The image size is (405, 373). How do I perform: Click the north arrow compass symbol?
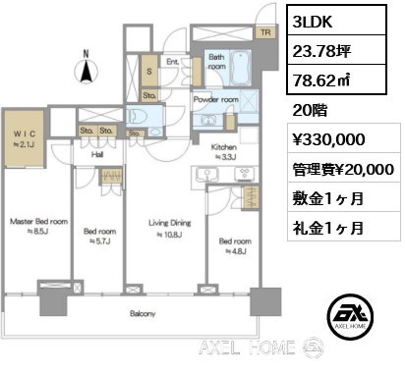pyautogui.click(x=87, y=70)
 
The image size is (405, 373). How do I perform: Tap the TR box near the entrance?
pyautogui.click(x=265, y=32)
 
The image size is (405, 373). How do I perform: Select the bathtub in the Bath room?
pyautogui.click(x=241, y=68)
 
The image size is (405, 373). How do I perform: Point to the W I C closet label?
pyautogui.click(x=24, y=139)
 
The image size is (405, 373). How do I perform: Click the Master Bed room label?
pyautogui.click(x=38, y=226)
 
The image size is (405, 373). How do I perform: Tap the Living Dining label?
pyautogui.click(x=169, y=229)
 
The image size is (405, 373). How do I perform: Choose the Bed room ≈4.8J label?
pyautogui.click(x=235, y=246)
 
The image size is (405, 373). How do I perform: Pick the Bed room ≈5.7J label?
pyautogui.click(x=100, y=237)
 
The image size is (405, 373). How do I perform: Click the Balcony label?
pyautogui.click(x=143, y=313)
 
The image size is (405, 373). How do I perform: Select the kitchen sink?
pyautogui.click(x=206, y=175)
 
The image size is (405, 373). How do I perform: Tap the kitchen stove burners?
pyautogui.click(x=244, y=174)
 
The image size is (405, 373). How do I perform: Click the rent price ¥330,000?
pyautogui.click(x=328, y=139)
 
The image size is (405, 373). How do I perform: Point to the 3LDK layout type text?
pyautogui.click(x=313, y=22)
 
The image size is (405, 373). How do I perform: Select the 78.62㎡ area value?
pyautogui.click(x=321, y=80)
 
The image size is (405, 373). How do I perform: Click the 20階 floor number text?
pyautogui.click(x=310, y=110)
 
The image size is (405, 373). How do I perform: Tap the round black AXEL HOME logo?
pyautogui.click(x=350, y=316)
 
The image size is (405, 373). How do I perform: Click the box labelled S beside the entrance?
pyautogui.click(x=149, y=72)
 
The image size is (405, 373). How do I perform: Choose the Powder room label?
pyautogui.click(x=215, y=99)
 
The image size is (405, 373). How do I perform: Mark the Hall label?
pyautogui.click(x=97, y=154)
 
